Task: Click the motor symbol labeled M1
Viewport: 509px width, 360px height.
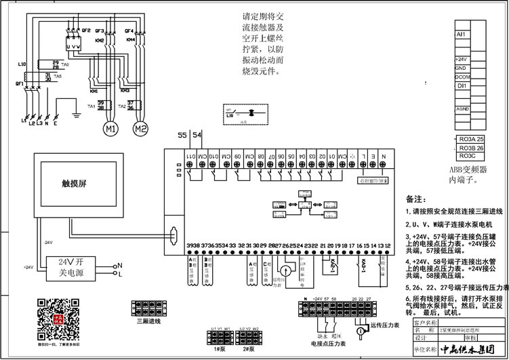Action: [110, 127]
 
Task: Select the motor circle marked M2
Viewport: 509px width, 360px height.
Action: [140, 127]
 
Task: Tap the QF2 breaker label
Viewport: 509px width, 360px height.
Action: [86, 31]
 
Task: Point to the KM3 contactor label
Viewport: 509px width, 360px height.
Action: [125, 90]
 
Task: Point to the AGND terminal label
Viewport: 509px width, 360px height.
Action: [463, 108]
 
